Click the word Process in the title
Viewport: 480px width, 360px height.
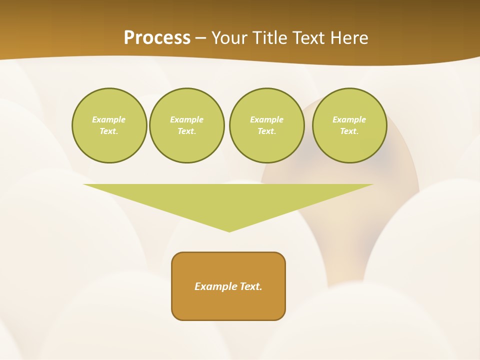click(x=157, y=38)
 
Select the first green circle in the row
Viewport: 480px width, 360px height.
click(x=109, y=125)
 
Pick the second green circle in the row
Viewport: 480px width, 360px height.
click(x=187, y=125)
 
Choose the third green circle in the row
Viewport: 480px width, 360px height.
click(x=266, y=125)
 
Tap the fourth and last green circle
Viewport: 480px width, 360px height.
click(x=349, y=125)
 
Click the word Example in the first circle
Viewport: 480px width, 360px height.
click(x=109, y=119)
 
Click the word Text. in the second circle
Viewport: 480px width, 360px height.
click(x=187, y=131)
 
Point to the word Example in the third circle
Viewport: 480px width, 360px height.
click(x=266, y=119)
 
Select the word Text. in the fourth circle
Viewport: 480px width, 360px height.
click(x=349, y=131)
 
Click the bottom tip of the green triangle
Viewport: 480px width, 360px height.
click(x=229, y=230)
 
